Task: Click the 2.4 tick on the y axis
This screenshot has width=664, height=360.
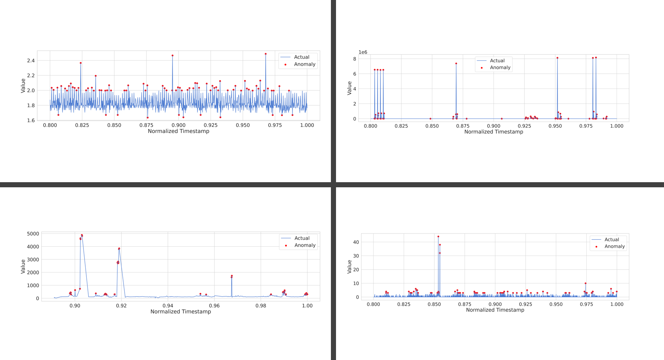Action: coord(31,60)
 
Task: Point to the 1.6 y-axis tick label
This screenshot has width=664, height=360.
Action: coord(31,120)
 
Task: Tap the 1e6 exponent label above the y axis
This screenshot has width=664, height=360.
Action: coord(363,52)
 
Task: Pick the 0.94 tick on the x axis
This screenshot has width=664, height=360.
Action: coord(168,306)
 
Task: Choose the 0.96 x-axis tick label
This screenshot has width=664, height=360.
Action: coord(214,306)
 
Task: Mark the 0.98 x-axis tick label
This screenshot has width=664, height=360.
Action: coord(261,306)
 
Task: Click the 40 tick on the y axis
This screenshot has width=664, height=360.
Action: coord(356,242)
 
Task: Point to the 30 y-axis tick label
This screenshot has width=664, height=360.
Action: coord(356,256)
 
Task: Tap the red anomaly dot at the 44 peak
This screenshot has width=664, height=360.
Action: coord(438,236)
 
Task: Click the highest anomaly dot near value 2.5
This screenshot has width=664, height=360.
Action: coord(266,54)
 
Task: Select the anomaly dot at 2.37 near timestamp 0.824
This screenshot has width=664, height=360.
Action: coord(81,63)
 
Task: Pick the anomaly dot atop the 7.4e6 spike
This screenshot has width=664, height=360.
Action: coord(456,64)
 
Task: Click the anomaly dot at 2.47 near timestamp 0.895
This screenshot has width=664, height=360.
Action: coord(172,56)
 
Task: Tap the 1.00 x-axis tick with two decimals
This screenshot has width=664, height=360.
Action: coord(307,306)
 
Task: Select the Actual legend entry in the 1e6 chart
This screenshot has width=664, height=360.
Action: coord(497,60)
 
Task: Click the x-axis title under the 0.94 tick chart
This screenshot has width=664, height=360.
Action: coord(180,312)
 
